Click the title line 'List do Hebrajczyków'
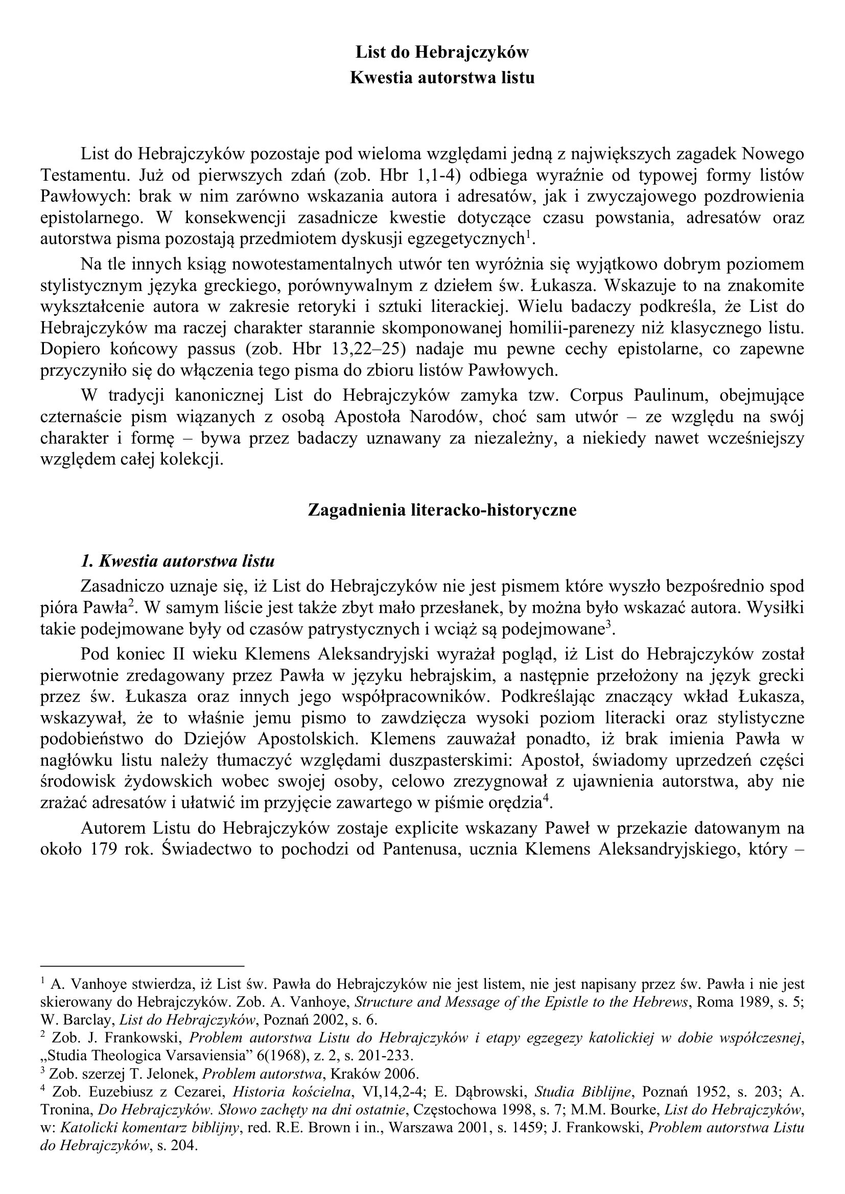point(442,52)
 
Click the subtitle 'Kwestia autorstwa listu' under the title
point(442,78)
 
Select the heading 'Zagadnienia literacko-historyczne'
point(442,509)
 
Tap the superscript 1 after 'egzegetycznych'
point(528,234)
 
